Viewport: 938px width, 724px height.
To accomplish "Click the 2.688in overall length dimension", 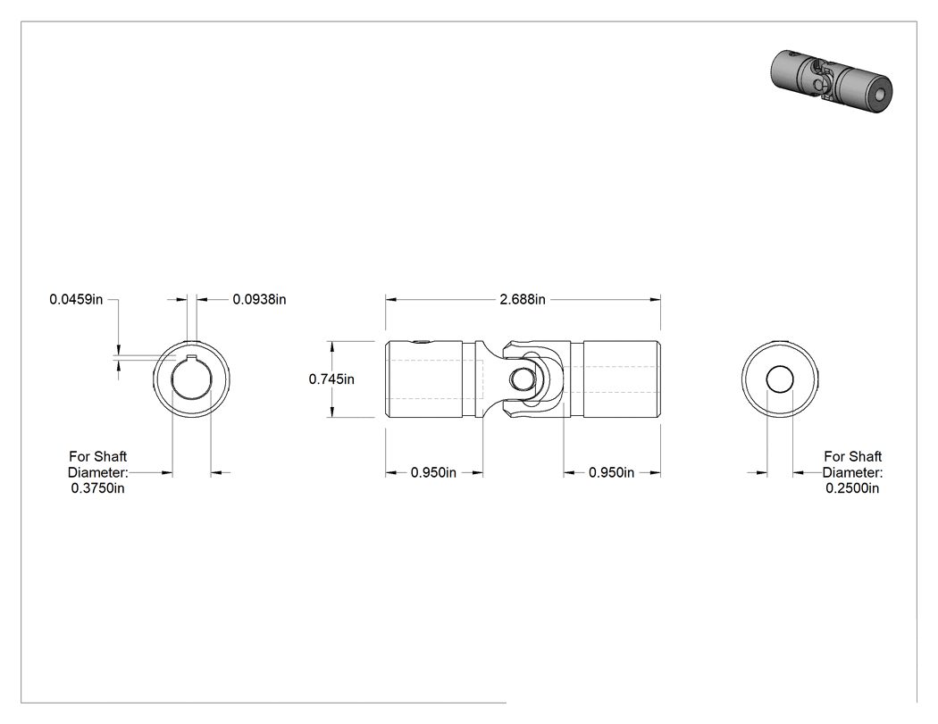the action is [x=523, y=299].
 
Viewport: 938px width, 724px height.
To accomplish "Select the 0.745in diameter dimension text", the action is [x=331, y=379].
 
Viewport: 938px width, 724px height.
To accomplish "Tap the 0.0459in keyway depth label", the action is [x=76, y=299].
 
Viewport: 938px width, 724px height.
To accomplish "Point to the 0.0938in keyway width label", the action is [x=260, y=299].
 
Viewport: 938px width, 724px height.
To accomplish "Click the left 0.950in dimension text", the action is [x=433, y=472].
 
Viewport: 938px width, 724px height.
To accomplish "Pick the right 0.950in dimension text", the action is [x=611, y=472].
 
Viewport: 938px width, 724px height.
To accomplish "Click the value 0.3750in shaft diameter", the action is [x=98, y=487].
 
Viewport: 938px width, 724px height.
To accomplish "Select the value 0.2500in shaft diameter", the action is [x=852, y=487].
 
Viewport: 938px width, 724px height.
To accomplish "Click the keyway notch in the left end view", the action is [x=191, y=359].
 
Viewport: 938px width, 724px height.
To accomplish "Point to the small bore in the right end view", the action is [x=780, y=379].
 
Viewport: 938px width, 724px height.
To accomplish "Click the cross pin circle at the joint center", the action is [x=521, y=379].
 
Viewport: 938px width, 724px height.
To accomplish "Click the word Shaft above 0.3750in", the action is [x=112, y=457].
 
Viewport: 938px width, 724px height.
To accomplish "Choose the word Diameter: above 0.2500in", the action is [x=852, y=472].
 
